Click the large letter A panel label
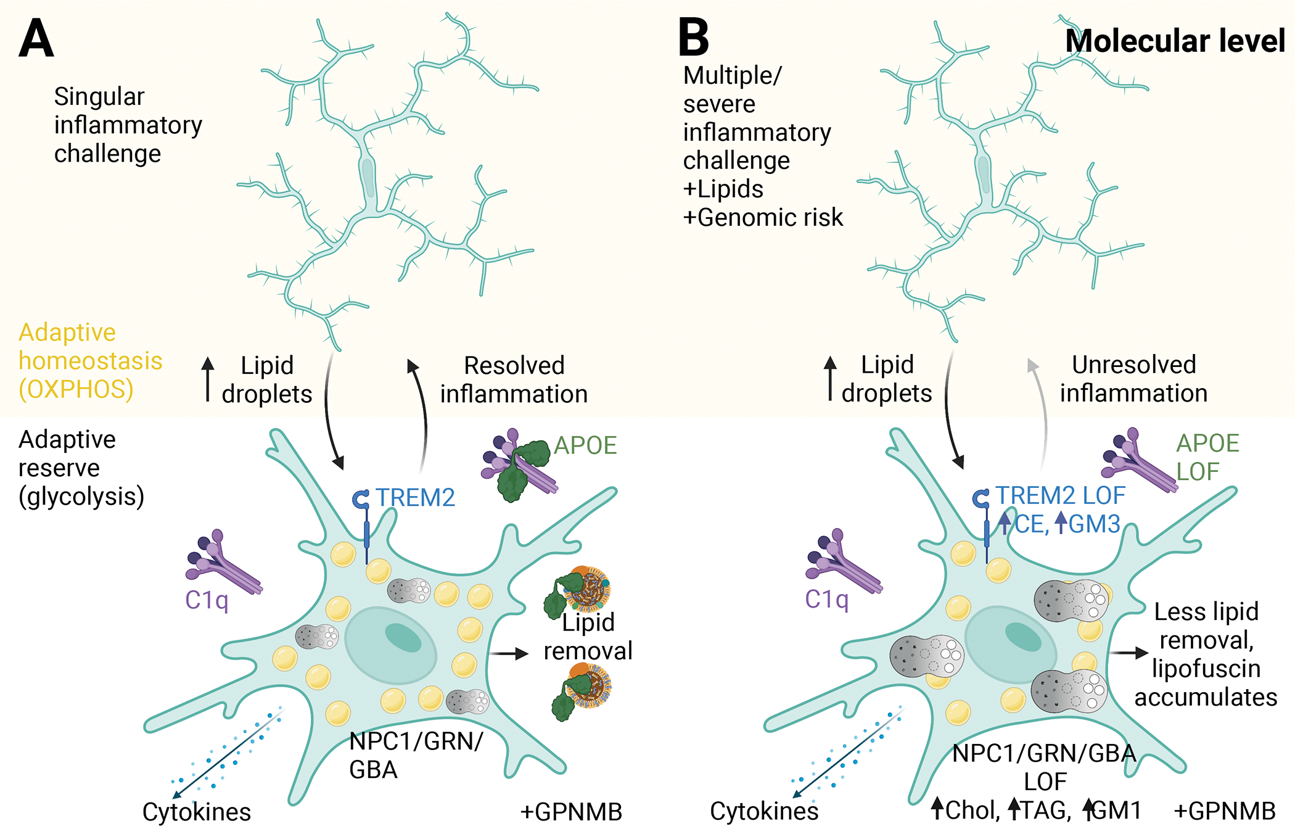[36, 38]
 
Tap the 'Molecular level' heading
[1175, 41]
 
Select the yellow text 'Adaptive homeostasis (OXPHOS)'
[90, 361]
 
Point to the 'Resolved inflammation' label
[514, 379]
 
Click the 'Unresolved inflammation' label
[1133, 379]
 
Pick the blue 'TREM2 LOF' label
[1061, 495]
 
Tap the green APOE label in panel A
[585, 445]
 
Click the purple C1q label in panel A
[207, 600]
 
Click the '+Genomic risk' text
[763, 217]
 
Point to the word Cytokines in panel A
[197, 812]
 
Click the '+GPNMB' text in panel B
[1224, 811]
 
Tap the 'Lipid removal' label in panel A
[588, 637]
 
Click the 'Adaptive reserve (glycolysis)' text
[81, 468]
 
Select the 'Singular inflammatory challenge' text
[128, 125]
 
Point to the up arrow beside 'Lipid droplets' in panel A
[208, 379]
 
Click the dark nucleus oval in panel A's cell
[403, 637]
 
